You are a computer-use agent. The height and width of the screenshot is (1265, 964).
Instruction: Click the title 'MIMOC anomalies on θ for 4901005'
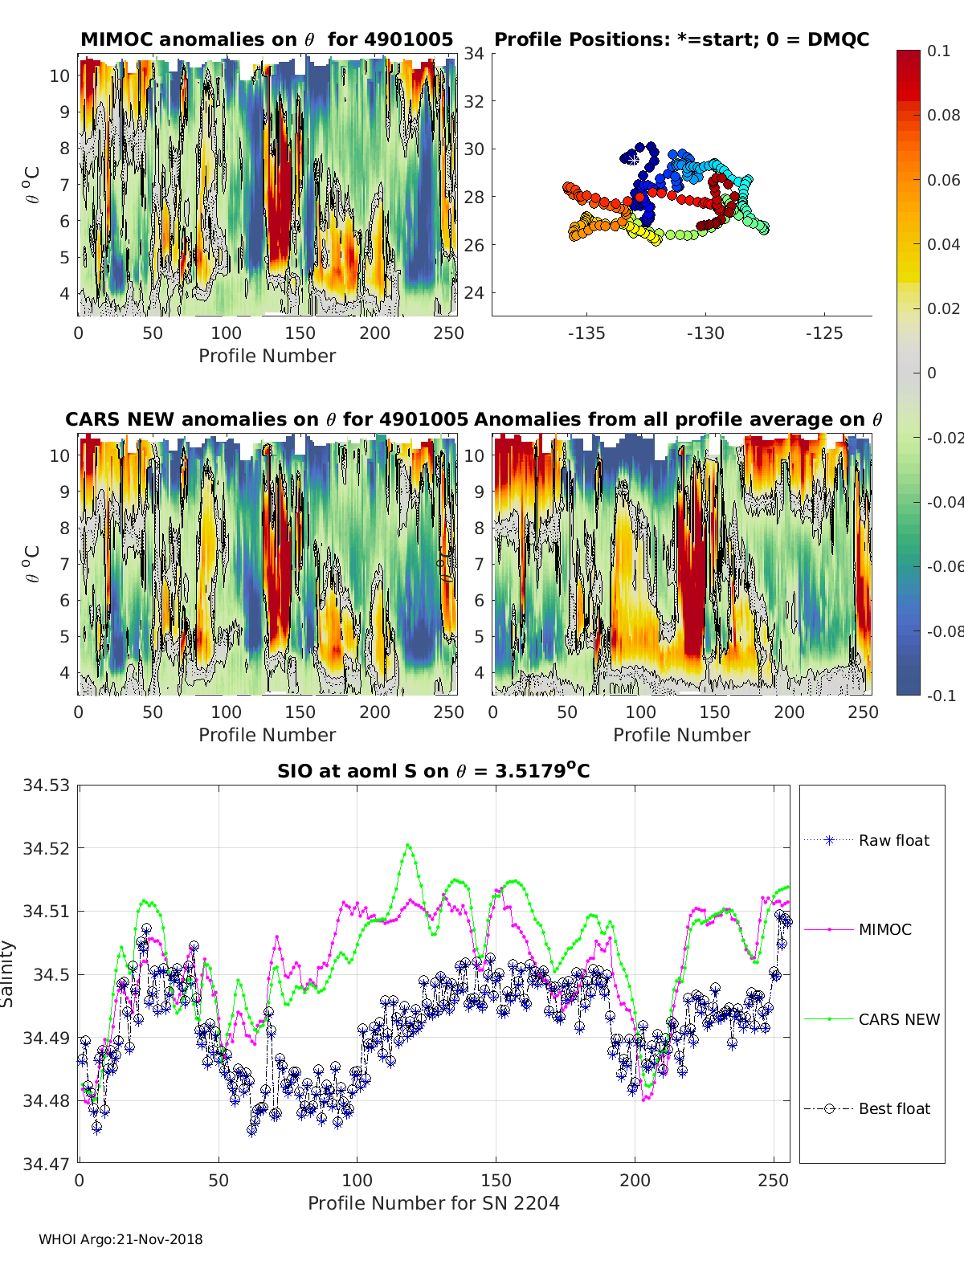267,39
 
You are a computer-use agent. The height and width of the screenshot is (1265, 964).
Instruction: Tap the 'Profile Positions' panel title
682,39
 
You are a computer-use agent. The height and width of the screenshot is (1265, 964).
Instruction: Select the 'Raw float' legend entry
867,840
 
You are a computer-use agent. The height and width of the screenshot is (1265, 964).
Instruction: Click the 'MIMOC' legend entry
858,929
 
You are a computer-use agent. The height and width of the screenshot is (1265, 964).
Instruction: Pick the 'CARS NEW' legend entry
872,1019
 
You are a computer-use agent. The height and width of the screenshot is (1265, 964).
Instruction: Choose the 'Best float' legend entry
867,1109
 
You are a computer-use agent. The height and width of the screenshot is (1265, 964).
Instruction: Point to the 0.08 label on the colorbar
943,116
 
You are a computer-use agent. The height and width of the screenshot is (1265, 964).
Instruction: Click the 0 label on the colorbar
932,373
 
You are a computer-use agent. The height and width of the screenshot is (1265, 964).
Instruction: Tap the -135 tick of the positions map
586,333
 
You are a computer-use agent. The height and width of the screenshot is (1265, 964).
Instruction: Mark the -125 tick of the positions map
824,333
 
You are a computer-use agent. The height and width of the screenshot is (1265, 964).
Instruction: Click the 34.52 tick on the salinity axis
46,848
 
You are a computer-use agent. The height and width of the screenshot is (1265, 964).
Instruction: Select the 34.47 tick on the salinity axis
46,1164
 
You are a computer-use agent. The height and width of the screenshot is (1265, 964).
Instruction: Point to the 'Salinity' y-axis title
7,974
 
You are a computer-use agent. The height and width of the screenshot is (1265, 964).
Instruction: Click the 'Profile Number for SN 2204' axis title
433,1203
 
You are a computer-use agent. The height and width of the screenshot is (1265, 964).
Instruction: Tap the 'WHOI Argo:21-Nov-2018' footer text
120,1239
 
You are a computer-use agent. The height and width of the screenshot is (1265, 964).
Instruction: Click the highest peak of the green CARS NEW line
408,846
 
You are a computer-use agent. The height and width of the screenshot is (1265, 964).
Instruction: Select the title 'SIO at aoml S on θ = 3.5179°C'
433,770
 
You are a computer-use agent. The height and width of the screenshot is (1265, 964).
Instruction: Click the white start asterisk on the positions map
633,160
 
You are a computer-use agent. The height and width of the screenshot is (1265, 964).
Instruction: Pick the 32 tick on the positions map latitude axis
474,101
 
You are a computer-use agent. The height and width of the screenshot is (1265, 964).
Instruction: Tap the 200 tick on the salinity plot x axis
635,1181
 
